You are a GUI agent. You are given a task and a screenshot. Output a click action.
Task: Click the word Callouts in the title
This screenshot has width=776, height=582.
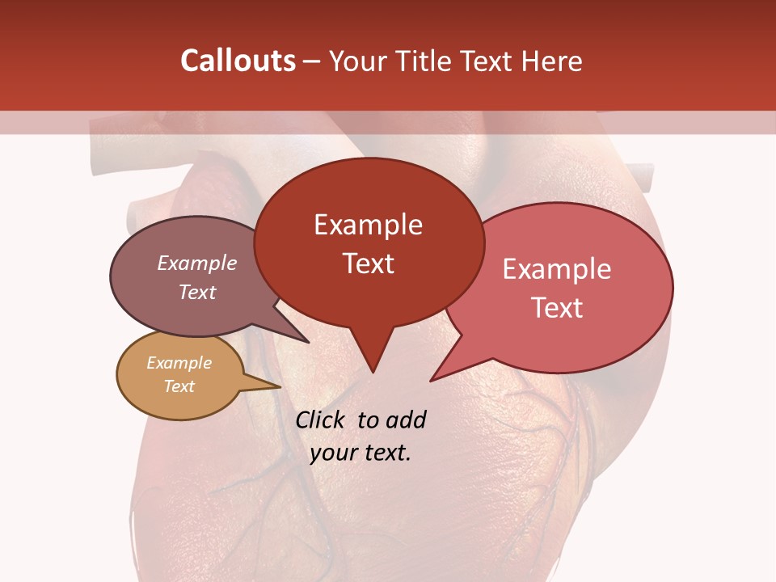[x=238, y=61]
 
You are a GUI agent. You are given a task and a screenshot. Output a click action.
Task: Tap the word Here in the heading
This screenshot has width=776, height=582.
[x=550, y=61]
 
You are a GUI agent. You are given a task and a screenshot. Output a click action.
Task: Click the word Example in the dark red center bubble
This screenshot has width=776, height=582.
[x=368, y=225]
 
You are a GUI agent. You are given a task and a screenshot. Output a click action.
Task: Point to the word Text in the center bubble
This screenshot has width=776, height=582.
[x=368, y=264]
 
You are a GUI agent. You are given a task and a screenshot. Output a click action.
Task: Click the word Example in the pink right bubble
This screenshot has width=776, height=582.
[x=557, y=269]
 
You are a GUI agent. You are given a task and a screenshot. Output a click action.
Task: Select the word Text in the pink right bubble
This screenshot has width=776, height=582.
[x=557, y=308]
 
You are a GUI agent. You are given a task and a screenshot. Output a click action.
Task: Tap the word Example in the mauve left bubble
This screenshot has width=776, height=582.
[x=196, y=263]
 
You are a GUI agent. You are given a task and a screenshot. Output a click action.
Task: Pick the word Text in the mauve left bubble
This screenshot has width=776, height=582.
[x=196, y=292]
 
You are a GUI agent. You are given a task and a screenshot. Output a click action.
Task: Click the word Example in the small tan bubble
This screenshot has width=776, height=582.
[x=179, y=363]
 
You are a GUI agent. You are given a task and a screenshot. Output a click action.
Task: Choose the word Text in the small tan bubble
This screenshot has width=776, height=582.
[x=179, y=386]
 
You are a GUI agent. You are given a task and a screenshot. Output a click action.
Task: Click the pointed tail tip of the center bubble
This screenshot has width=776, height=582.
[x=373, y=372]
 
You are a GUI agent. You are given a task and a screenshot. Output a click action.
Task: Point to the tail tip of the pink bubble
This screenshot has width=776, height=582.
[x=432, y=380]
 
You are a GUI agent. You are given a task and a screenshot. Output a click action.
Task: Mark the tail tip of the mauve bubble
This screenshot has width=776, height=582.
[x=308, y=342]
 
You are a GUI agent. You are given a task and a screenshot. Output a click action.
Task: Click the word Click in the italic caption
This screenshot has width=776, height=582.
[x=322, y=420]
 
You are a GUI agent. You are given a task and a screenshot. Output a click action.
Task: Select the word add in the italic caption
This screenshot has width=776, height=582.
[x=405, y=420]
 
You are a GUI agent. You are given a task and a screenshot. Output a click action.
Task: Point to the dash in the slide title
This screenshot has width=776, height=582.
[x=312, y=61]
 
